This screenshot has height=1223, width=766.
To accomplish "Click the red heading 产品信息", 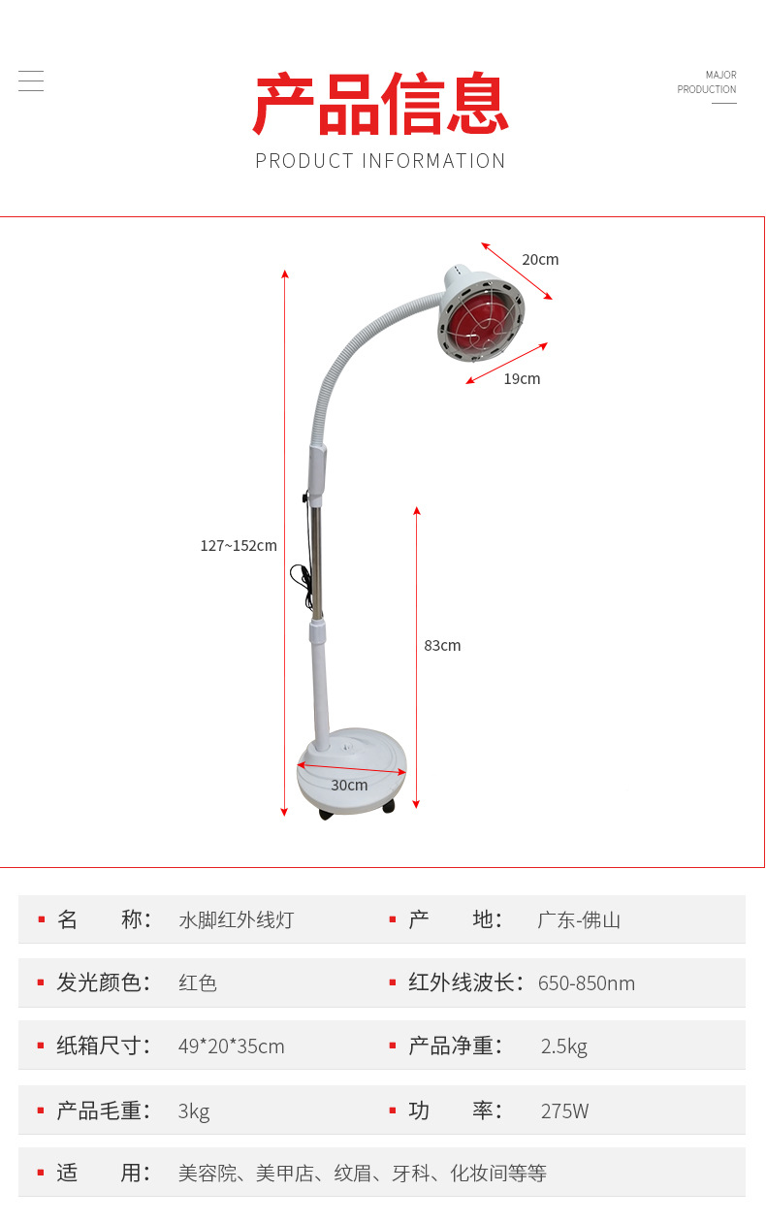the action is click(x=381, y=104).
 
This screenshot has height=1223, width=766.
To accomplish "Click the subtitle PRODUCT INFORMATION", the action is click(x=380, y=161).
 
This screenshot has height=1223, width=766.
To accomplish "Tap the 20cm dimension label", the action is click(x=540, y=259).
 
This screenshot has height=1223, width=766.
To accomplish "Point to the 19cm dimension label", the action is click(x=522, y=378).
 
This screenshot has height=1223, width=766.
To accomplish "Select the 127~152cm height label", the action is click(x=239, y=545).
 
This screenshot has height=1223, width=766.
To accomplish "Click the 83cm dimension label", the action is click(x=442, y=645).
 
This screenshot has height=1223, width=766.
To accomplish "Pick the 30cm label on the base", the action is click(x=349, y=785).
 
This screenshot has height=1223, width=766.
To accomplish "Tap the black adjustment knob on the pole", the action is click(x=304, y=499).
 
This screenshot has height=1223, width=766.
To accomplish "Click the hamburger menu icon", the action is click(x=31, y=80).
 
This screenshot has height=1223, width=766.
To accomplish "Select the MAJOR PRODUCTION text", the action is click(x=707, y=82).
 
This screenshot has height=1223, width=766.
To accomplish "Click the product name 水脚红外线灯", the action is click(x=236, y=919).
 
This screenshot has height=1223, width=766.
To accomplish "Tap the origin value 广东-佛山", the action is click(x=579, y=919).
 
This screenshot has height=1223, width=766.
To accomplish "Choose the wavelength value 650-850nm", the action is click(x=587, y=983).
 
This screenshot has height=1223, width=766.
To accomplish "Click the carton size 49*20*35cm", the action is click(x=232, y=1046).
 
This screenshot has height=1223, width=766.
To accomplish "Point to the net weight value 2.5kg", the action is click(x=564, y=1046).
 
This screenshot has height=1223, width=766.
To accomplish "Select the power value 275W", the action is click(x=564, y=1111).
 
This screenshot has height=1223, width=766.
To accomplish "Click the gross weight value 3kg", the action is click(x=194, y=1111).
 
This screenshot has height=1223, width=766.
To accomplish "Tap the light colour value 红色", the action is click(x=198, y=983).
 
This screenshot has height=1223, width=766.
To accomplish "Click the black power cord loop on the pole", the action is click(x=300, y=577).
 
